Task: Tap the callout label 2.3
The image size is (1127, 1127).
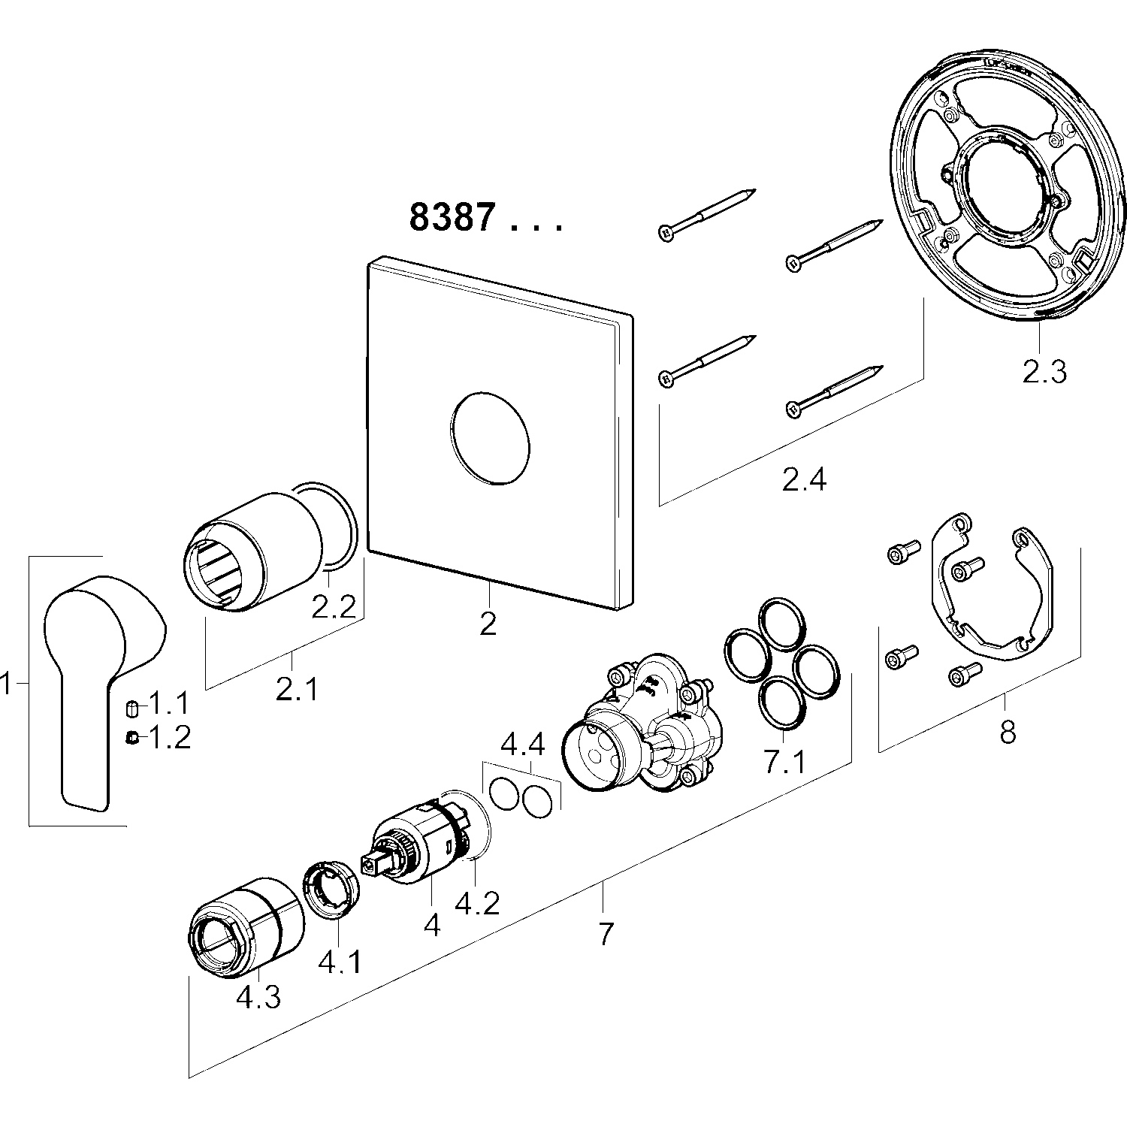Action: click(1044, 371)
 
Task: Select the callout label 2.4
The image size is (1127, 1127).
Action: click(804, 479)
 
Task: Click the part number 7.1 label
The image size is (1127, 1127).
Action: click(784, 762)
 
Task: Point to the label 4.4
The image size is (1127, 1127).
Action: click(523, 745)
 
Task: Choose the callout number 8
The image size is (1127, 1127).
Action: click(1007, 730)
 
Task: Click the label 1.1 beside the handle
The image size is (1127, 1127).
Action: click(169, 705)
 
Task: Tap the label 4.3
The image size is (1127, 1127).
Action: click(258, 997)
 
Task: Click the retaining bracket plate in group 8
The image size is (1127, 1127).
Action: click(992, 594)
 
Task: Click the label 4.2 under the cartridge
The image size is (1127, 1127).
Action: click(477, 903)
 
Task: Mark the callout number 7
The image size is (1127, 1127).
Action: click(606, 933)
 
